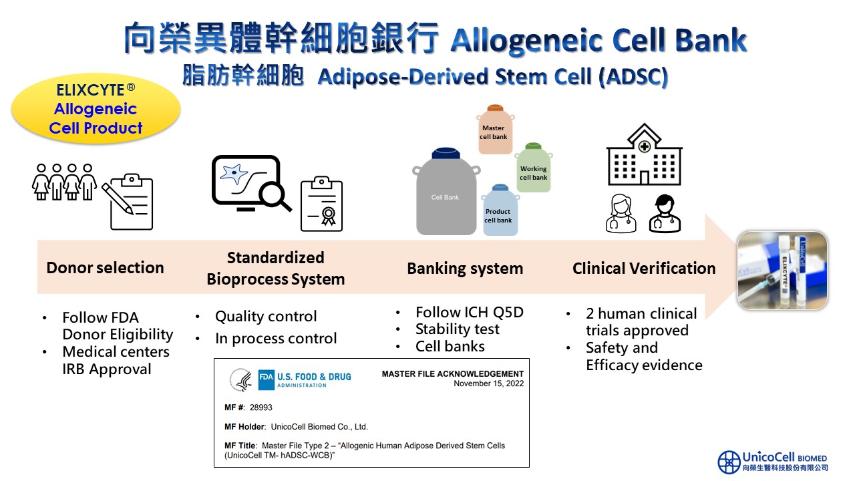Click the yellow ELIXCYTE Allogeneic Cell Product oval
(x=96, y=109)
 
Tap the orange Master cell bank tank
(x=495, y=130)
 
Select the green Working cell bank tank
(x=534, y=168)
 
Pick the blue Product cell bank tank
(x=500, y=210)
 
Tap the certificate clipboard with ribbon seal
(x=321, y=204)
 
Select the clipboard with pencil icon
(x=128, y=202)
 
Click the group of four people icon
(x=64, y=182)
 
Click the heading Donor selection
(x=105, y=268)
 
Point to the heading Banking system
(x=465, y=269)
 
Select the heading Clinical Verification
(x=644, y=269)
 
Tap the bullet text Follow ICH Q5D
(x=470, y=312)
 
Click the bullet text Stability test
(x=458, y=329)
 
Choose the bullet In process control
(x=276, y=338)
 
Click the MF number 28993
(x=261, y=408)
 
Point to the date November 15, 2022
(x=488, y=383)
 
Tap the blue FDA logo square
(x=266, y=379)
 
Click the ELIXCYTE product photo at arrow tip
(x=782, y=271)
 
